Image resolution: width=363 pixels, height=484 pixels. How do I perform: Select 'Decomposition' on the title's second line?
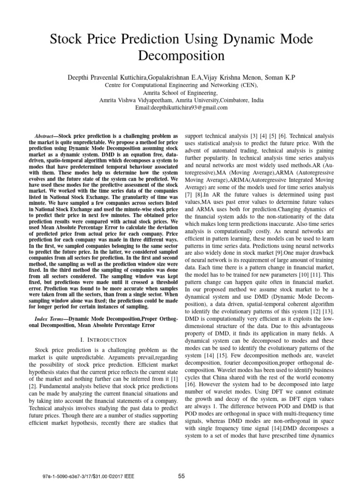(181, 56)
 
